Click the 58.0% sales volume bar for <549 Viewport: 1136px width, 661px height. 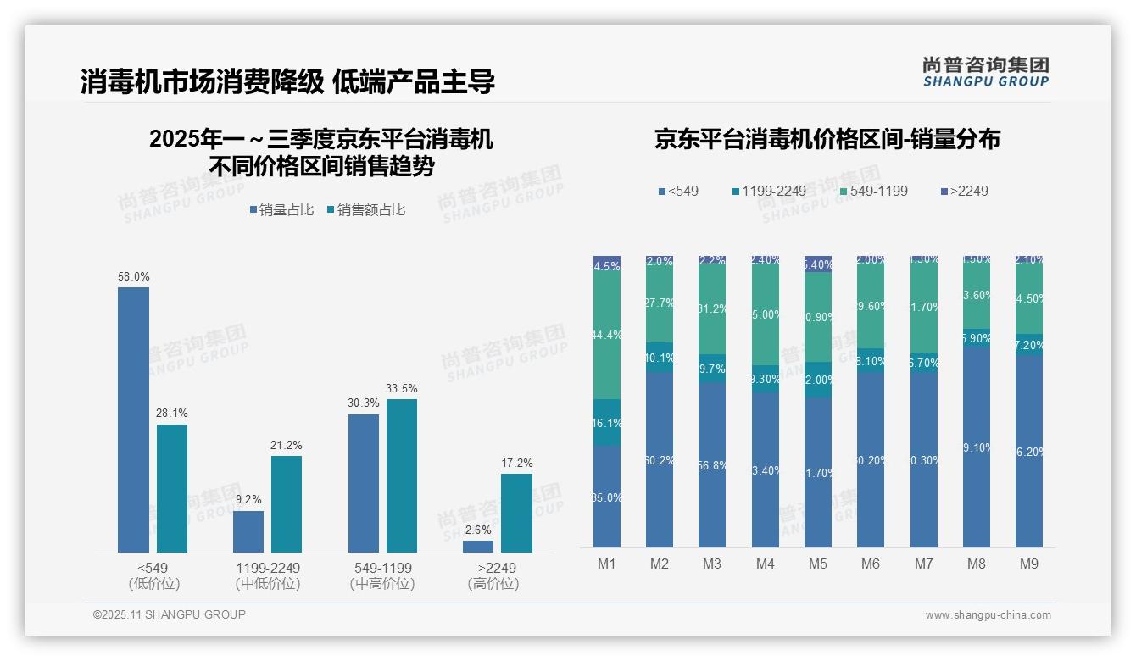pyautogui.click(x=133, y=419)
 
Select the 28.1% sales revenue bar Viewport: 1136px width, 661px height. pyautogui.click(x=172, y=488)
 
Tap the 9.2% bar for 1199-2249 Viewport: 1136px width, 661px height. pyautogui.click(x=248, y=531)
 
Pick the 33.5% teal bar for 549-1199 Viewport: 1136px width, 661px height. pyautogui.click(x=402, y=475)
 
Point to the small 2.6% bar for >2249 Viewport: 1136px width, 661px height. pyautogui.click(x=478, y=547)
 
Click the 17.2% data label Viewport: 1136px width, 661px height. pyautogui.click(x=517, y=463)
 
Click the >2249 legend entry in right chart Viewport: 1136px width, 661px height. pyautogui.click(x=964, y=191)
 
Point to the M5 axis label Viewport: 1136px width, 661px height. pyautogui.click(x=818, y=564)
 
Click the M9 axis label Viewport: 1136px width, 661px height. pyautogui.click(x=1028, y=564)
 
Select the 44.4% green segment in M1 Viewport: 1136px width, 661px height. pyautogui.click(x=607, y=336)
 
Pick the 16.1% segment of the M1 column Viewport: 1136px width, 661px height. pyautogui.click(x=607, y=422)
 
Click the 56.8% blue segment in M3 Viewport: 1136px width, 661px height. pyautogui.click(x=712, y=464)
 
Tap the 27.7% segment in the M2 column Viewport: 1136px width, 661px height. pyautogui.click(x=660, y=303)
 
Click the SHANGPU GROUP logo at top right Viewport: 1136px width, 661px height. pyautogui.click(x=985, y=72)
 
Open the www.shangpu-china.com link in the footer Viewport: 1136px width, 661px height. pyautogui.click(x=988, y=615)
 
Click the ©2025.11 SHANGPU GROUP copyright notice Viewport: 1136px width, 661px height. pyautogui.click(x=170, y=614)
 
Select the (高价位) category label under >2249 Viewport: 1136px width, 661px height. pyautogui.click(x=493, y=584)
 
